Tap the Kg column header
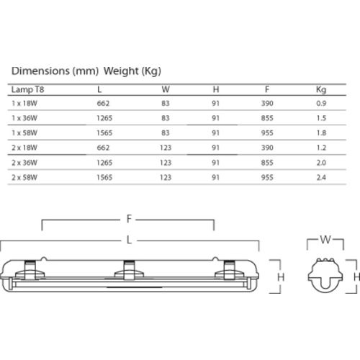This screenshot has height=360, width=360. (320, 91)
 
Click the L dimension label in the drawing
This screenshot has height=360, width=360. (128, 238)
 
